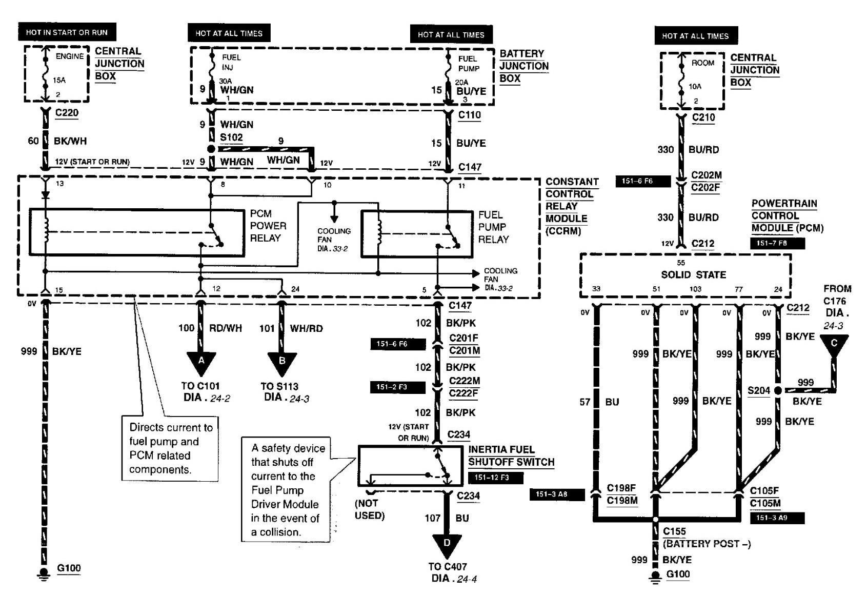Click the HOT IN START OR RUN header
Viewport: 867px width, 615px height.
click(x=67, y=32)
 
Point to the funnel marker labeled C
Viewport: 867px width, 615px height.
click(x=834, y=345)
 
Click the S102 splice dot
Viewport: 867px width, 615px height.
click(x=211, y=149)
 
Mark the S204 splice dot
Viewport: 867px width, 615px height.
click(x=778, y=390)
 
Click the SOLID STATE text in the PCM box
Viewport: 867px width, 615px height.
click(x=693, y=274)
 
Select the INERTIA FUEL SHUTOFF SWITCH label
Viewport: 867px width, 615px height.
click(x=511, y=455)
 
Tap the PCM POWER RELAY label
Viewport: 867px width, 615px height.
click(x=268, y=226)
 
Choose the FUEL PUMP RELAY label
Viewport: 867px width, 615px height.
click(x=494, y=227)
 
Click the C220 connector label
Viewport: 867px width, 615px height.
click(x=67, y=113)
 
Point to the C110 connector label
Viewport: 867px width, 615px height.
click(x=469, y=115)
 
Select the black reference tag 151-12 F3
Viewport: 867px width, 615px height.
click(x=496, y=478)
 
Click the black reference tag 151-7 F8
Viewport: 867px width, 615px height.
click(x=778, y=243)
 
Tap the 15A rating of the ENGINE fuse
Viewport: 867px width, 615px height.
click(x=59, y=80)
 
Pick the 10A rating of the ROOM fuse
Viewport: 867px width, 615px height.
click(x=695, y=86)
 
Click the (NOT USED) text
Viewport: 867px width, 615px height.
click(x=370, y=509)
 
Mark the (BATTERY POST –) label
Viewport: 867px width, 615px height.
click(x=707, y=544)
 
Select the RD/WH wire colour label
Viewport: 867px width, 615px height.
click(x=225, y=328)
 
